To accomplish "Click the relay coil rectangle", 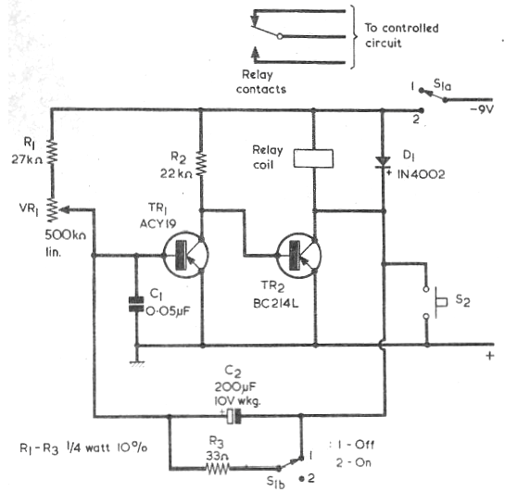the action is coord(313,158).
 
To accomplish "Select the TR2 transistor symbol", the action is coord(299,255).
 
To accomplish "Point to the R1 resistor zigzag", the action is coord(52,152).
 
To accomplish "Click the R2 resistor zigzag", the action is coord(201,164).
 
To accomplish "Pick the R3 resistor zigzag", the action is coord(218,468).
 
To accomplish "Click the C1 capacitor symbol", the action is coord(136,304).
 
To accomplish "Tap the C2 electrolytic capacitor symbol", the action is coord(233,416).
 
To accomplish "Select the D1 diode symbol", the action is coord(383,162).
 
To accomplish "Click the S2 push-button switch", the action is coord(434,302).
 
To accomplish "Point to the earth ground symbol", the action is coord(137,363).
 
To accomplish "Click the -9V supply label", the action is coord(482,109).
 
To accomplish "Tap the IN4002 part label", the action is coord(421,174).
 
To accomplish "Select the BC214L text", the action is coord(276,303).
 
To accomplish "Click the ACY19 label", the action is coord(158,223).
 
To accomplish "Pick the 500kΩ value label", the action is coord(65,235).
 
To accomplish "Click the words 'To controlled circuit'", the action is coord(401,35).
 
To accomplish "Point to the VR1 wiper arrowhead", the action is coord(66,209).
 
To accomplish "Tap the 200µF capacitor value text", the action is coord(235,386).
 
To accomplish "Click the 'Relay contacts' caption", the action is coord(260,82).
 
